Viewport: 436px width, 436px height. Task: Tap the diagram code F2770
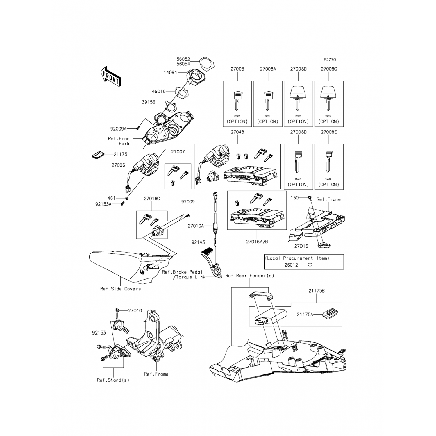point(330,60)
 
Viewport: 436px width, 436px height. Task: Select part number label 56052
point(183,59)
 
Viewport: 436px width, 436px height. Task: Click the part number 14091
point(170,72)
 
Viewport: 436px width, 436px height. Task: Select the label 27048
point(237,132)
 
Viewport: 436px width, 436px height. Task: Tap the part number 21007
point(178,152)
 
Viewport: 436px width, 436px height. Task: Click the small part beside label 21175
point(97,155)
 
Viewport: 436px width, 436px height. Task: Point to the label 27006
point(118,165)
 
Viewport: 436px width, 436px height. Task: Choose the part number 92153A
point(103,204)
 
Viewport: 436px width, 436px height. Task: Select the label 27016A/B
point(257,242)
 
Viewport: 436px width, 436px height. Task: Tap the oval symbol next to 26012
point(310,265)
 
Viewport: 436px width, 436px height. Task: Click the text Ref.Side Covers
point(120,289)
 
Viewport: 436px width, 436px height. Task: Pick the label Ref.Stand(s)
point(113,380)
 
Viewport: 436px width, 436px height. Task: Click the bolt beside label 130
point(310,198)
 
